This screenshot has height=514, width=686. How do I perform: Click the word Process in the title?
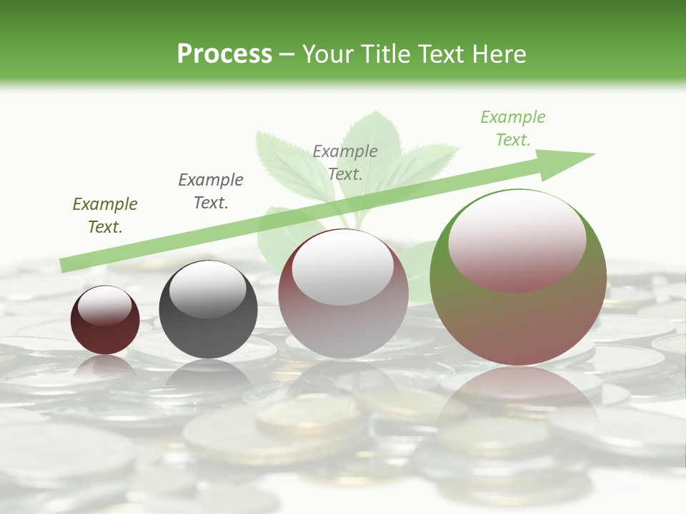click(224, 54)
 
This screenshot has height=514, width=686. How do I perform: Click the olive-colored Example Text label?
click(105, 216)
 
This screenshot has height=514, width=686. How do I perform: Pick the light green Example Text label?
click(513, 128)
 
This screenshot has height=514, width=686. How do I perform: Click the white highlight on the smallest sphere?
click(104, 306)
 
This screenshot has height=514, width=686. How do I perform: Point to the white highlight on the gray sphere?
click(207, 289)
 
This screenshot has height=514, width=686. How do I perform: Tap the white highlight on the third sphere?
click(343, 268)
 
